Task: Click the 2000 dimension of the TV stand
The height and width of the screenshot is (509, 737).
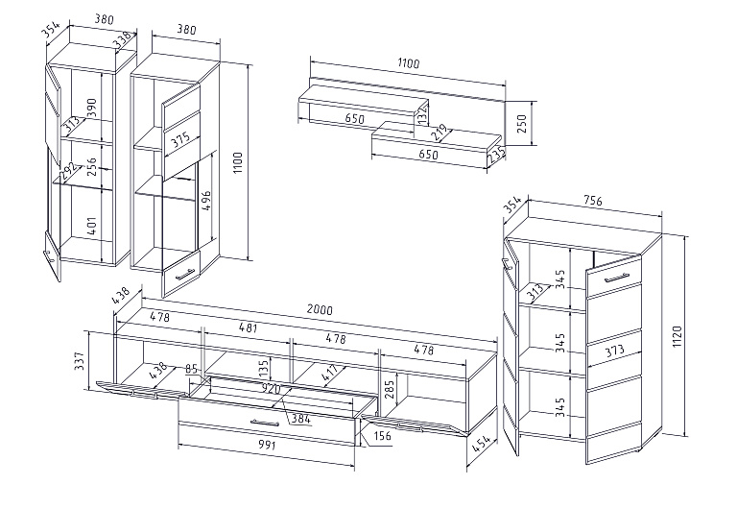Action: pyautogui.click(x=320, y=310)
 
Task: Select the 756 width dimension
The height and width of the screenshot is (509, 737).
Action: pyautogui.click(x=592, y=202)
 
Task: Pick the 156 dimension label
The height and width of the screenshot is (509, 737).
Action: pyautogui.click(x=382, y=437)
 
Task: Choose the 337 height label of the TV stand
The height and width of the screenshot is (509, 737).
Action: pyautogui.click(x=81, y=360)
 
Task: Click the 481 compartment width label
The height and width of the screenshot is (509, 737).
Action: pyautogui.click(x=248, y=327)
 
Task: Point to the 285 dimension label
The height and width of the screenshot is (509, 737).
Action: pyautogui.click(x=391, y=388)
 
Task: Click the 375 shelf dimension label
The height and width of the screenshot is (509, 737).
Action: pyautogui.click(x=178, y=139)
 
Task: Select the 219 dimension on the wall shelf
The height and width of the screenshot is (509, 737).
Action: pyautogui.click(x=440, y=130)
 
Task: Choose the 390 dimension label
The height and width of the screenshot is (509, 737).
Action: pyautogui.click(x=92, y=107)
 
